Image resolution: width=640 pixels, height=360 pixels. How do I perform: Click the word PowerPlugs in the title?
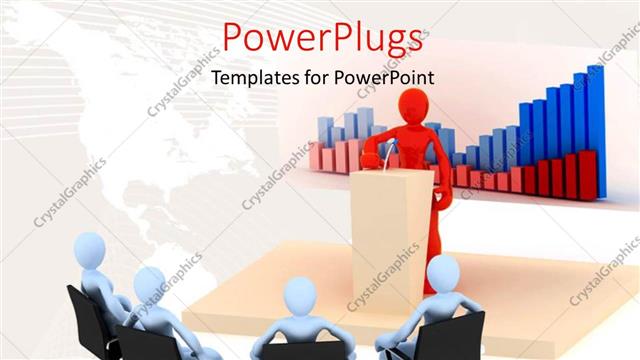coord(320,38)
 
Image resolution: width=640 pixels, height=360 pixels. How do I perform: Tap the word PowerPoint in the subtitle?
coord(390,77)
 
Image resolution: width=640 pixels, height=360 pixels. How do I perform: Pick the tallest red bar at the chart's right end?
coord(590,174)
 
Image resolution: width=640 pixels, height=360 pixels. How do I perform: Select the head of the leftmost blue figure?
coord(92,251)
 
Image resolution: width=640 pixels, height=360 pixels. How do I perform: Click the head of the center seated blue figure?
coord(299,296)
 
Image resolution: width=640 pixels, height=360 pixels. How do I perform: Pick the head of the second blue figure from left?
coord(150,284)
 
